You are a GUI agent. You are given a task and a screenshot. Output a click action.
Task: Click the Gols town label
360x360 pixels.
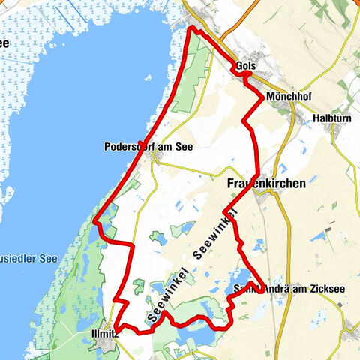coord(245,66)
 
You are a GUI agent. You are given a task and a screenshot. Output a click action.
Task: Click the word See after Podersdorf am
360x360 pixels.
coord(184,147)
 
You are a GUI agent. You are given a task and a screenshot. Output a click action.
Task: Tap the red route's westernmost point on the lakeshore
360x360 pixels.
coord(94,220)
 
